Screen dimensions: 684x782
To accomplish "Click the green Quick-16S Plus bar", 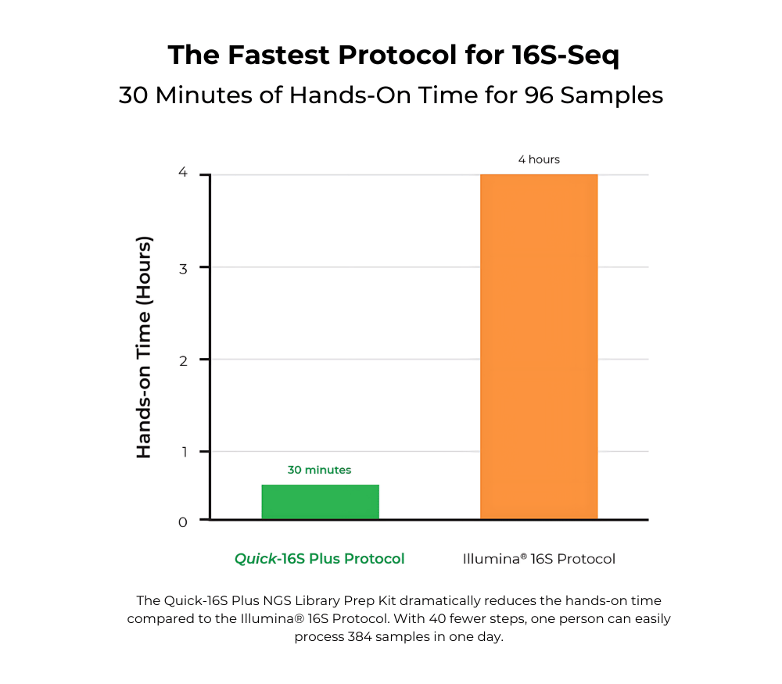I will tap(320, 502).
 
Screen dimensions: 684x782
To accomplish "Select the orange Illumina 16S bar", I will tap(539, 346).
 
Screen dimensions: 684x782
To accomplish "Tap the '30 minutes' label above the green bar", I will tap(319, 470).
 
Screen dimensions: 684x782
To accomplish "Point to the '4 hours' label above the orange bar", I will tap(539, 159).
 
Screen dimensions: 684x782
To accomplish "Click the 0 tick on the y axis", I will tap(182, 522).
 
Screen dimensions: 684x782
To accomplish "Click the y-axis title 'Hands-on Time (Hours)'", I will tap(144, 346).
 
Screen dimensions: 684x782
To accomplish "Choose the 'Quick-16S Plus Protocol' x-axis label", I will tap(320, 559).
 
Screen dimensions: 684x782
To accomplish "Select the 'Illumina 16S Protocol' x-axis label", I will tap(539, 559).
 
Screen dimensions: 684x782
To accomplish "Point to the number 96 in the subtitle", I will tap(551, 95).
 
